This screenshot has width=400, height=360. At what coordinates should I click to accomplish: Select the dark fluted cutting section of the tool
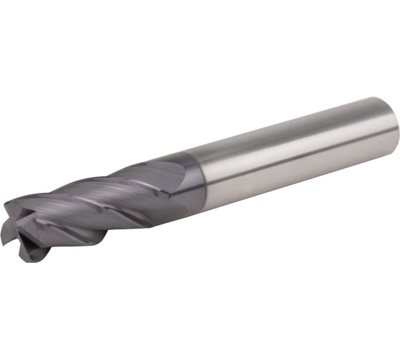tap(93, 207)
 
